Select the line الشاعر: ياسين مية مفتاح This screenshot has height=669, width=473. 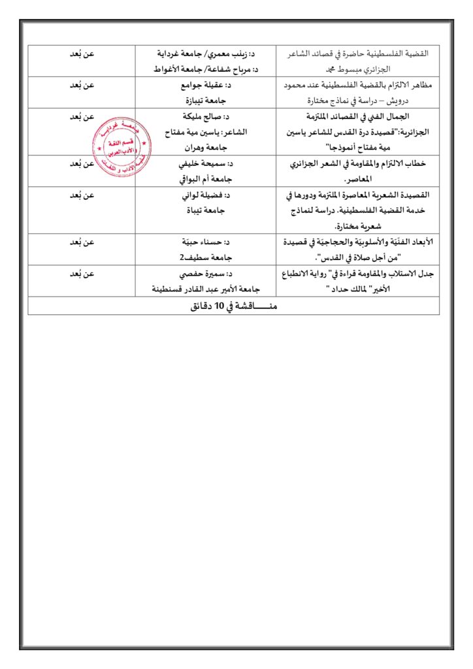click(206, 132)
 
